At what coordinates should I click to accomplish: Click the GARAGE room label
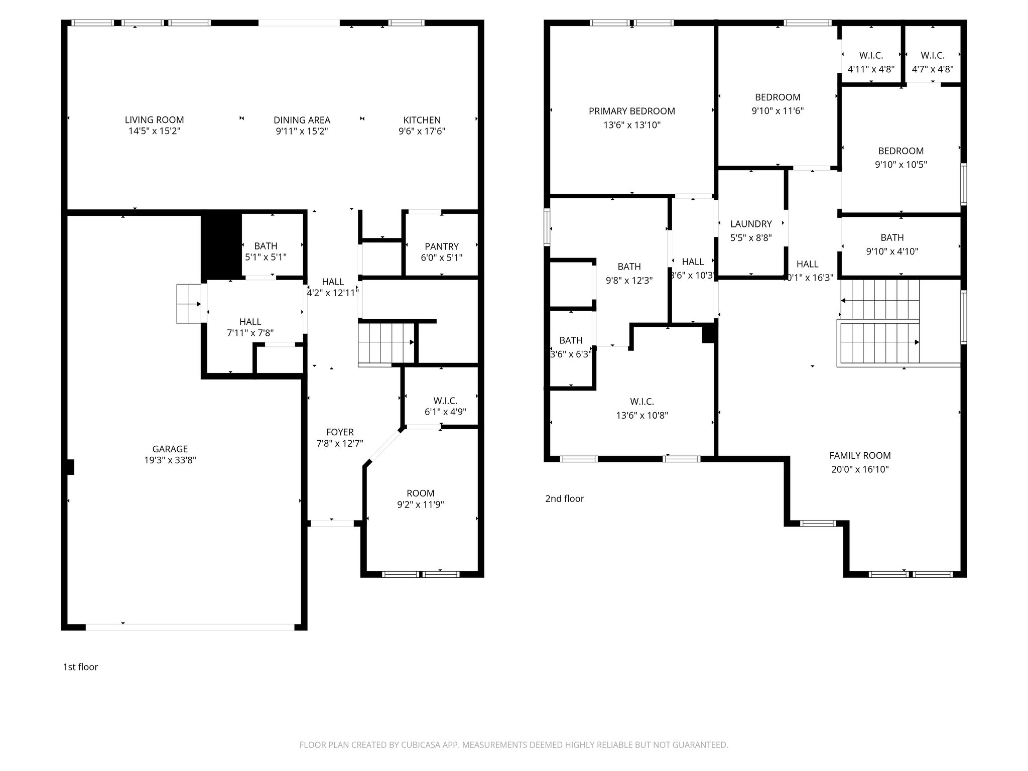click(170, 449)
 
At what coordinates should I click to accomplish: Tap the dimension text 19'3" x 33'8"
click(170, 460)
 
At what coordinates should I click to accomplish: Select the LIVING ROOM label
click(154, 119)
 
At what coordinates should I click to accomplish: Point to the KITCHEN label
click(422, 120)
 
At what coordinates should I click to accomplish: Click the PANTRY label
click(441, 246)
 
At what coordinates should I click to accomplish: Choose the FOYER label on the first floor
click(340, 432)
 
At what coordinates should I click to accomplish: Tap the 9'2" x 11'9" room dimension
click(420, 504)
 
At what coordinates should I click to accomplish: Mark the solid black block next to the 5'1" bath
click(221, 245)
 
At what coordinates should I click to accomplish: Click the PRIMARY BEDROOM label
click(631, 111)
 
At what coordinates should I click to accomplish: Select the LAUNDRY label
click(751, 224)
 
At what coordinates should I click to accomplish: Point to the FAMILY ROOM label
click(859, 456)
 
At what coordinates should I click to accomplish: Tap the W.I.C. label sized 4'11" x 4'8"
click(871, 56)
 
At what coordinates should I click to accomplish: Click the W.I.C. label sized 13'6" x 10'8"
click(641, 402)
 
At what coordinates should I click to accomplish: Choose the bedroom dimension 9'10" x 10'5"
click(901, 165)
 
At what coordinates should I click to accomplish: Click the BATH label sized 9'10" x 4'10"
click(892, 237)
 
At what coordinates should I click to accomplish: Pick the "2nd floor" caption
click(565, 498)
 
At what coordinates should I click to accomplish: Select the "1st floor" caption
click(80, 667)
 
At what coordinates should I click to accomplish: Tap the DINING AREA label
click(302, 120)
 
